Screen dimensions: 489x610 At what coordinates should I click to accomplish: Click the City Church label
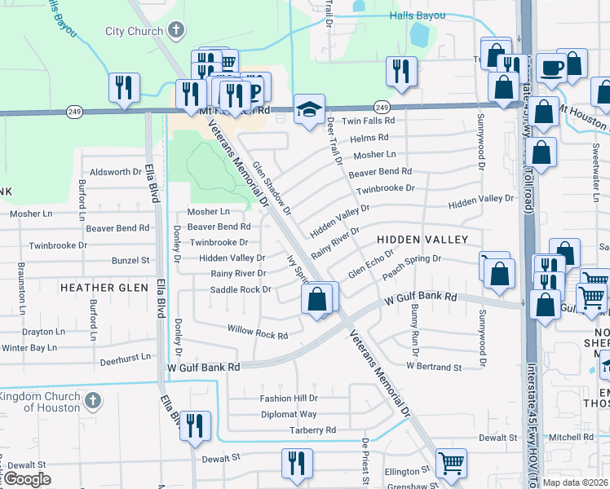[x=135, y=32]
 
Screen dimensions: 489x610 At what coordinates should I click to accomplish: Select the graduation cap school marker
[x=309, y=110]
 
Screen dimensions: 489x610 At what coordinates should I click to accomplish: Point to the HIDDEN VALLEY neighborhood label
[x=422, y=240]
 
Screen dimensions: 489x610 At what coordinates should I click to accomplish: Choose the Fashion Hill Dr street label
[x=288, y=399]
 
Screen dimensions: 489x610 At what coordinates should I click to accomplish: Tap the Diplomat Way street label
[x=288, y=414]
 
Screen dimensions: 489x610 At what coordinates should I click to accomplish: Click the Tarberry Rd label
[x=312, y=430]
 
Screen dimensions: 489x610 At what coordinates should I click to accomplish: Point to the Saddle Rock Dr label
[x=241, y=289]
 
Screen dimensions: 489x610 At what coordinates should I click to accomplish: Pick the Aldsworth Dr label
[x=116, y=172]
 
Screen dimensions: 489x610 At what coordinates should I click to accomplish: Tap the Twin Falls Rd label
[x=368, y=121]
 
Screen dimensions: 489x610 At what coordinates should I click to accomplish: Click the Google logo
[x=26, y=478]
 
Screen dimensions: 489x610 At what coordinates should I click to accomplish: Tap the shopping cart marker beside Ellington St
[x=450, y=463]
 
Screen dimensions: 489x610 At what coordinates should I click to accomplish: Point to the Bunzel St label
[x=131, y=260]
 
